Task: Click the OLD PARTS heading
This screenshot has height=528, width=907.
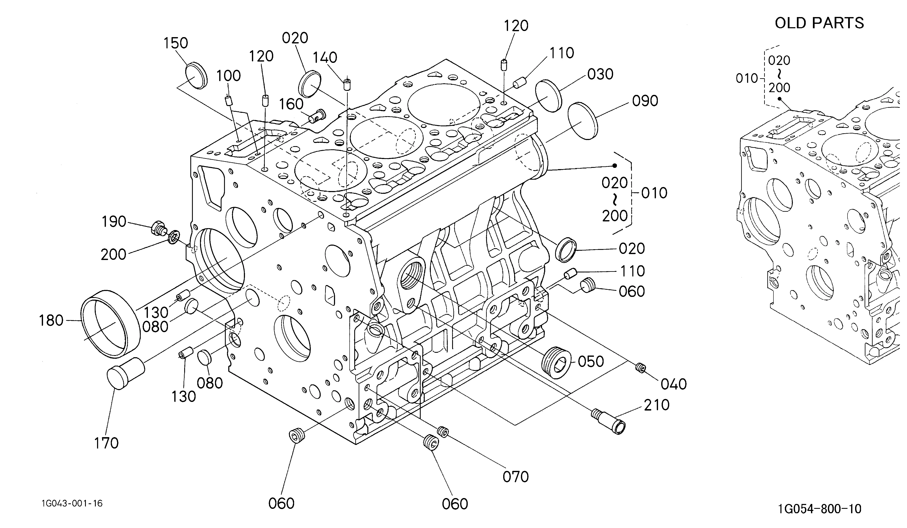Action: [x=819, y=23]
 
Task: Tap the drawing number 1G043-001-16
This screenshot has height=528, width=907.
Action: [x=72, y=503]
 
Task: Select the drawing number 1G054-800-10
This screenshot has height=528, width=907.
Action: [x=819, y=509]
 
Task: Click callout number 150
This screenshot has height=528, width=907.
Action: [x=176, y=43]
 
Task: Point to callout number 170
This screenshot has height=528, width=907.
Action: [x=106, y=443]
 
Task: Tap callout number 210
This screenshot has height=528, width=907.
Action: [x=657, y=405]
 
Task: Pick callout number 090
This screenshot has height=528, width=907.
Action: [x=645, y=101]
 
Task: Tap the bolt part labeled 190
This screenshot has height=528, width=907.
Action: [x=159, y=228]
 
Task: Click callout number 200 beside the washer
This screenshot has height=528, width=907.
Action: [x=113, y=255]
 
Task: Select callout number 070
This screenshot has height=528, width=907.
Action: [x=516, y=477]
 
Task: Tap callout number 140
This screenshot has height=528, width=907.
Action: [x=325, y=58]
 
